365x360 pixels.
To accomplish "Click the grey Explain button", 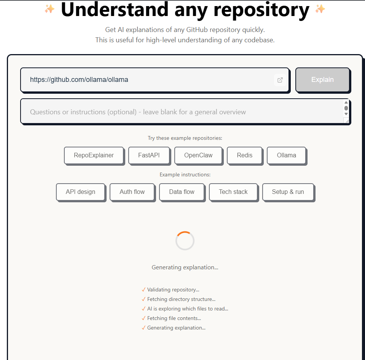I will (x=322, y=80).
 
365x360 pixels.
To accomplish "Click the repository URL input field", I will (x=148, y=80).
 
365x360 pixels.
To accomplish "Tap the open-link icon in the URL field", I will (x=280, y=80).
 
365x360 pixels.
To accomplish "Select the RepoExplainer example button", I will (x=94, y=155).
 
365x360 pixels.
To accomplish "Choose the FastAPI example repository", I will (x=149, y=155).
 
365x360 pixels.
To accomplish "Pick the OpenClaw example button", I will (x=198, y=155).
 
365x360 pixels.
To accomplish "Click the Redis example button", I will (x=244, y=155).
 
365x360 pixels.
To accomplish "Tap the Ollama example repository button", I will (x=287, y=155).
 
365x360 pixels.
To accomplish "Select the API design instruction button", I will (x=80, y=192).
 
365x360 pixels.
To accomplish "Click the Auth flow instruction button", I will (x=132, y=192).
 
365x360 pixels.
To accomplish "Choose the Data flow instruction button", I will (x=182, y=192).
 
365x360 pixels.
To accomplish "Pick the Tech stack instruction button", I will (x=233, y=192).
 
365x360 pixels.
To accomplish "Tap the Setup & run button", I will (x=288, y=192).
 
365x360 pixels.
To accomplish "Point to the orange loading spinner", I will (x=185, y=241).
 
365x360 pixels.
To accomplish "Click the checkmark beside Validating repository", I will (x=143, y=290).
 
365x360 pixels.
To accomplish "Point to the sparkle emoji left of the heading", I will (x=49, y=9).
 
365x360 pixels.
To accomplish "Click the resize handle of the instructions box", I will (x=346, y=120).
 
